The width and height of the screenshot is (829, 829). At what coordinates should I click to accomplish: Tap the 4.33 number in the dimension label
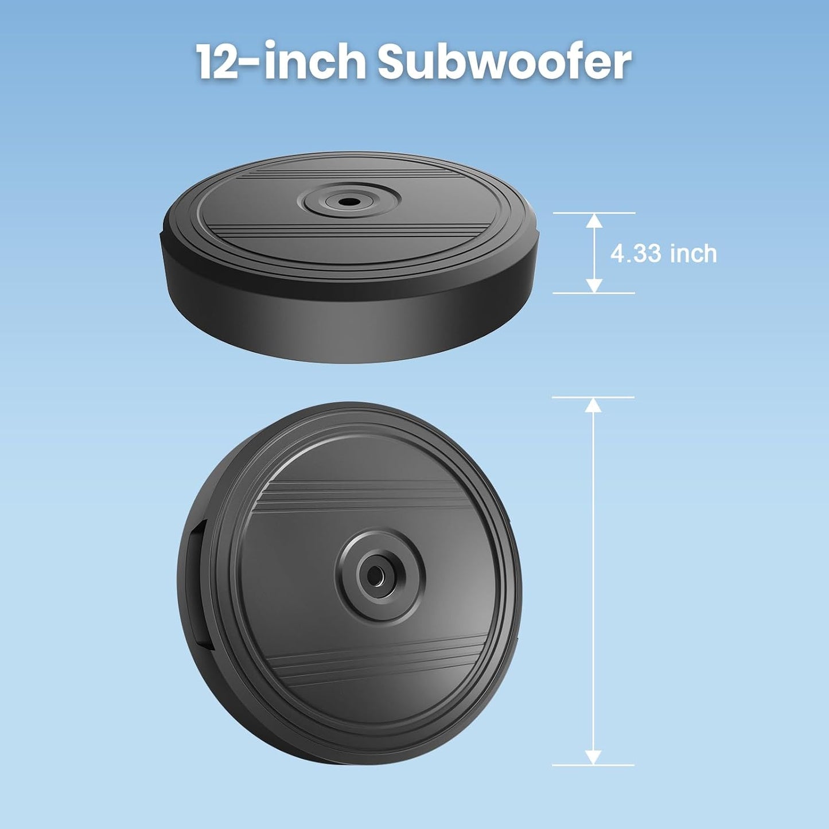[636, 254]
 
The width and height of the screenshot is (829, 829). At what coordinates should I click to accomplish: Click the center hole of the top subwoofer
[346, 202]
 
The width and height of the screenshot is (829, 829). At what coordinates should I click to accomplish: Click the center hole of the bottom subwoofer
[376, 574]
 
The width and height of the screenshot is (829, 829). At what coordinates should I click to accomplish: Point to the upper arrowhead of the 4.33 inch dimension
[594, 220]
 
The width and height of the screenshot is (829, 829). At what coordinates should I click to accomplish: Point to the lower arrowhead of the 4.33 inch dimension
[594, 286]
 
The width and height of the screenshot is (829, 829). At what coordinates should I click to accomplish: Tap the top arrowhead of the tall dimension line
[593, 404]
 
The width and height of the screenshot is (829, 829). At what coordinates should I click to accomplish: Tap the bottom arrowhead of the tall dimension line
[593, 757]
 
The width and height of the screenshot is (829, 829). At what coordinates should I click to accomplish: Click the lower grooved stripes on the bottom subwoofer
[379, 665]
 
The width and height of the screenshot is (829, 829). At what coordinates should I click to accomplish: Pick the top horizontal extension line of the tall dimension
[593, 397]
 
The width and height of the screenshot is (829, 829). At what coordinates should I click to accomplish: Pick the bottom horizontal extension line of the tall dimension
[593, 765]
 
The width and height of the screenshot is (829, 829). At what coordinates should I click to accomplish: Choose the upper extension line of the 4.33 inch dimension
[594, 213]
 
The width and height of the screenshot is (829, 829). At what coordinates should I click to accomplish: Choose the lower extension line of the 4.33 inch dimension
[594, 293]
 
